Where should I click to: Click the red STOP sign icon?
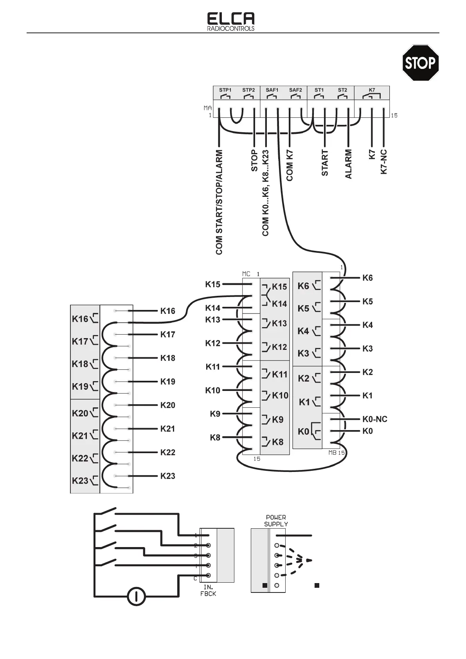tap(421, 63)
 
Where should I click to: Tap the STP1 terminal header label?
tap(225, 90)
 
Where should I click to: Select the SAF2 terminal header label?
tap(295, 90)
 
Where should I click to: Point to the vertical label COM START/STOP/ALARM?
tap(219, 202)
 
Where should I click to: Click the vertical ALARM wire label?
tap(348, 164)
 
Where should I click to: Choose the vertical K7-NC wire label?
tap(384, 162)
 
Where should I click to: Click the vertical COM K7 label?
tap(290, 166)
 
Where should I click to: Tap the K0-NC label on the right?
tap(375, 419)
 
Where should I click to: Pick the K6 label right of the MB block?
tap(367, 278)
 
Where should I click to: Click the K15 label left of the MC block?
tap(213, 284)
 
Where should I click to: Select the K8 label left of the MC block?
tap(215, 438)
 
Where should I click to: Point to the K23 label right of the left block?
tap(167, 476)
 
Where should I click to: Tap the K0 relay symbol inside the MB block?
tap(309, 431)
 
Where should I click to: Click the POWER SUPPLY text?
tap(276, 520)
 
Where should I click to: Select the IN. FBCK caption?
tap(210, 591)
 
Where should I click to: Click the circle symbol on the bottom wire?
tap(137, 596)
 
